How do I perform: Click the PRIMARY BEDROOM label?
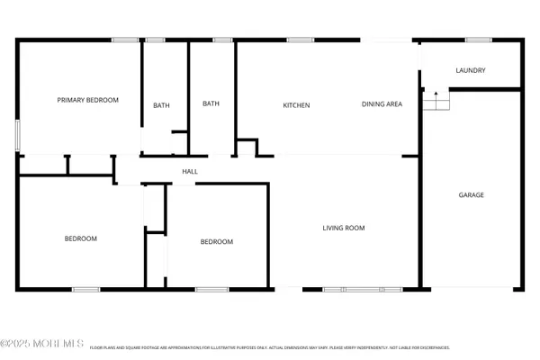click(88, 100)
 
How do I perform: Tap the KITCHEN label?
click(296, 105)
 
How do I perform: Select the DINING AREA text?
click(382, 104)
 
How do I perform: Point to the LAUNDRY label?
click(471, 70)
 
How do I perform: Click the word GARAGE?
click(472, 194)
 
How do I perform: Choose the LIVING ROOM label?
click(344, 228)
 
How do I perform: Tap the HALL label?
click(190, 171)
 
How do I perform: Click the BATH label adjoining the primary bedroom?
click(161, 105)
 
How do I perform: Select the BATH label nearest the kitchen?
click(211, 103)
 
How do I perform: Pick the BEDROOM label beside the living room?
click(216, 241)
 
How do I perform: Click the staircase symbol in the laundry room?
click(436, 100)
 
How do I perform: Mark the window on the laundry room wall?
click(478, 40)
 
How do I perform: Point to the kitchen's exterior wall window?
click(300, 40)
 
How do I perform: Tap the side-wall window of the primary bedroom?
click(18, 134)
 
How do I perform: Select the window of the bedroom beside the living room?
click(211, 289)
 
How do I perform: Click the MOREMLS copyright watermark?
click(42, 343)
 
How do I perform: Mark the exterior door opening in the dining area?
click(387, 40)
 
